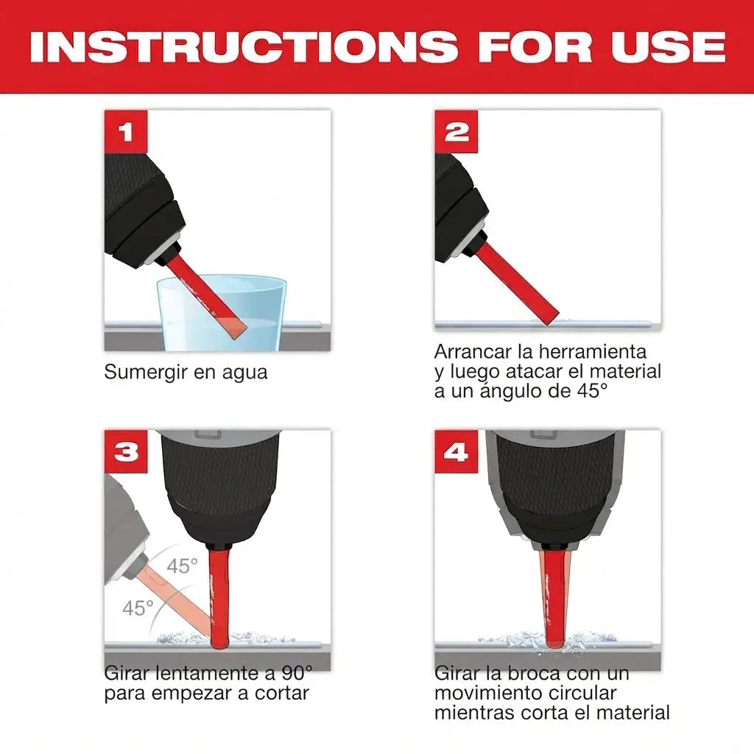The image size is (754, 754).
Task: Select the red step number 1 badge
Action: pyautogui.click(x=126, y=132)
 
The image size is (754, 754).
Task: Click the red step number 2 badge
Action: pyautogui.click(x=457, y=132)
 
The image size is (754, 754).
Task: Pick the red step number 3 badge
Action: pyautogui.click(x=126, y=451)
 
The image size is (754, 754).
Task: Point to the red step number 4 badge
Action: pyautogui.click(x=457, y=451)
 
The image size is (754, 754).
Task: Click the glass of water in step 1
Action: pyautogui.click(x=222, y=312)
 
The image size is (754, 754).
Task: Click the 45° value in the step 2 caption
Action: pyautogui.click(x=591, y=391)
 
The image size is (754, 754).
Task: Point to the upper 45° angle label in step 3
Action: pyautogui.click(x=183, y=566)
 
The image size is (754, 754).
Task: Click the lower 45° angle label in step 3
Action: pyautogui.click(x=138, y=608)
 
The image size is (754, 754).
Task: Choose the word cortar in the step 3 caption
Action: pyautogui.click(x=282, y=693)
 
